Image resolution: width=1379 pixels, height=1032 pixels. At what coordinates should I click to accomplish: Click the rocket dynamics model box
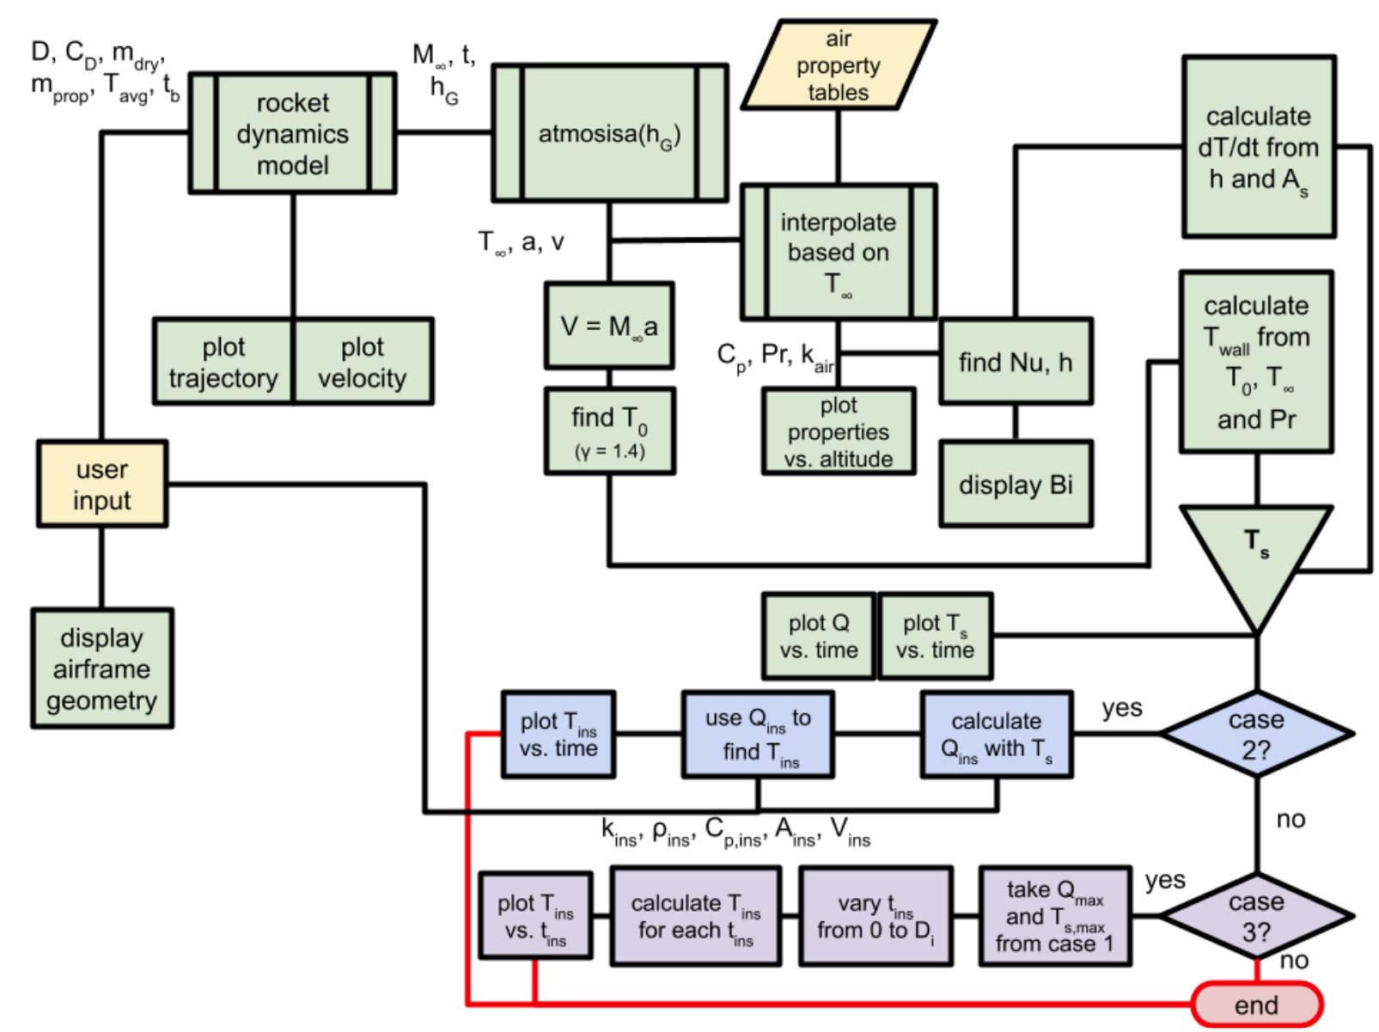coord(292,133)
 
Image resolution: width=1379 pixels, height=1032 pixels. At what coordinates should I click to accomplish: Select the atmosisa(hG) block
coord(609,133)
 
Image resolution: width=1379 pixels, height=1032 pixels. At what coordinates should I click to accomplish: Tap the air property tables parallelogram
coord(838,65)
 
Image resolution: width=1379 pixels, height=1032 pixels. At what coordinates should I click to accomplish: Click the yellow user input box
coord(101,484)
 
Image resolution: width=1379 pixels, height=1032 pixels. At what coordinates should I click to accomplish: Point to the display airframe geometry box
coord(101,669)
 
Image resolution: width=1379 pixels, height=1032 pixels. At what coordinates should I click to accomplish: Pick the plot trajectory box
coord(223,362)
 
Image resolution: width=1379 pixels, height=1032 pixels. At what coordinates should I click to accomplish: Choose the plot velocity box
coord(362,362)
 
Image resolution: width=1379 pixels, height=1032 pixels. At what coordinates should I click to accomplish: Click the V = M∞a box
coord(609,326)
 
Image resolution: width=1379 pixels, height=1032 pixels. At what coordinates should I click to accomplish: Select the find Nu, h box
coord(1015,362)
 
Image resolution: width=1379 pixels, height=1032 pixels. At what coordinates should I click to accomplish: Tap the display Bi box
coord(1015,484)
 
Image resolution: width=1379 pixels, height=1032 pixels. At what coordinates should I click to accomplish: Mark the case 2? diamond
coord(1256,734)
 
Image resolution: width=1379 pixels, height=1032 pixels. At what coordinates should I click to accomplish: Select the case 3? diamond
coord(1256,916)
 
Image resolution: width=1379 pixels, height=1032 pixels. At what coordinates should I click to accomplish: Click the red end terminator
coord(1256,1005)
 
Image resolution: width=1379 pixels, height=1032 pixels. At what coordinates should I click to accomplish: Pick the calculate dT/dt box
coord(1258,147)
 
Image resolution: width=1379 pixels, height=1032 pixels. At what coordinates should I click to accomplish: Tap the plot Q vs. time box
coord(818,636)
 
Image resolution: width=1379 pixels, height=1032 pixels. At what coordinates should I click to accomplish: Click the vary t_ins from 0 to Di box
coord(875,916)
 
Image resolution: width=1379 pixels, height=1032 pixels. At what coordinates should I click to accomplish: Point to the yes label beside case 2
coord(1122,708)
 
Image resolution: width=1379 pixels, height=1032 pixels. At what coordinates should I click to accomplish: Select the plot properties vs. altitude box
coord(838,431)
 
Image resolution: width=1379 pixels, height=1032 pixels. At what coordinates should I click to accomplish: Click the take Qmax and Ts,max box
coord(1054,916)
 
